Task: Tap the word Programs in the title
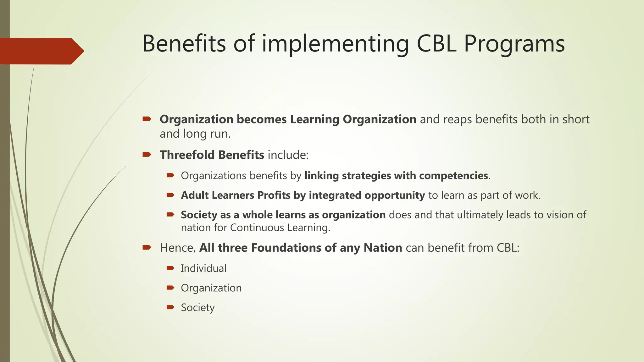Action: (514, 44)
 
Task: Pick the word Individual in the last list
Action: (203, 268)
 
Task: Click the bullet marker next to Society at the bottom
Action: (170, 307)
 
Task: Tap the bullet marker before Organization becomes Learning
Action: (147, 119)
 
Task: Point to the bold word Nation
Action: (383, 248)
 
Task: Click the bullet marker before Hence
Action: (147, 247)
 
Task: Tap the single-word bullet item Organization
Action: (211, 288)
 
